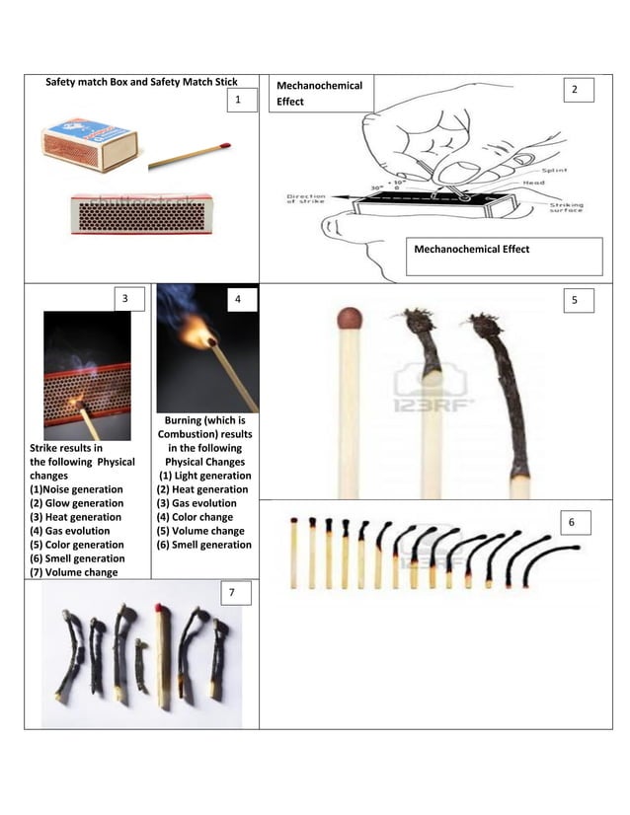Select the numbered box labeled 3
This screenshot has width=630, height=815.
[124, 298]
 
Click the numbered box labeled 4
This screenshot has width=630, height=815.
[238, 298]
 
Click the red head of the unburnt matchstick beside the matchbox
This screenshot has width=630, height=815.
[226, 145]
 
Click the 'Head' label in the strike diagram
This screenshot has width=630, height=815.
[534, 183]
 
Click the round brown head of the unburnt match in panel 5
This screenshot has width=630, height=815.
[350, 318]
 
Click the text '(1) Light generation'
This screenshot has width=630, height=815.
[205, 476]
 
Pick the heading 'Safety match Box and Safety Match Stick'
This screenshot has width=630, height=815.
[142, 81]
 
